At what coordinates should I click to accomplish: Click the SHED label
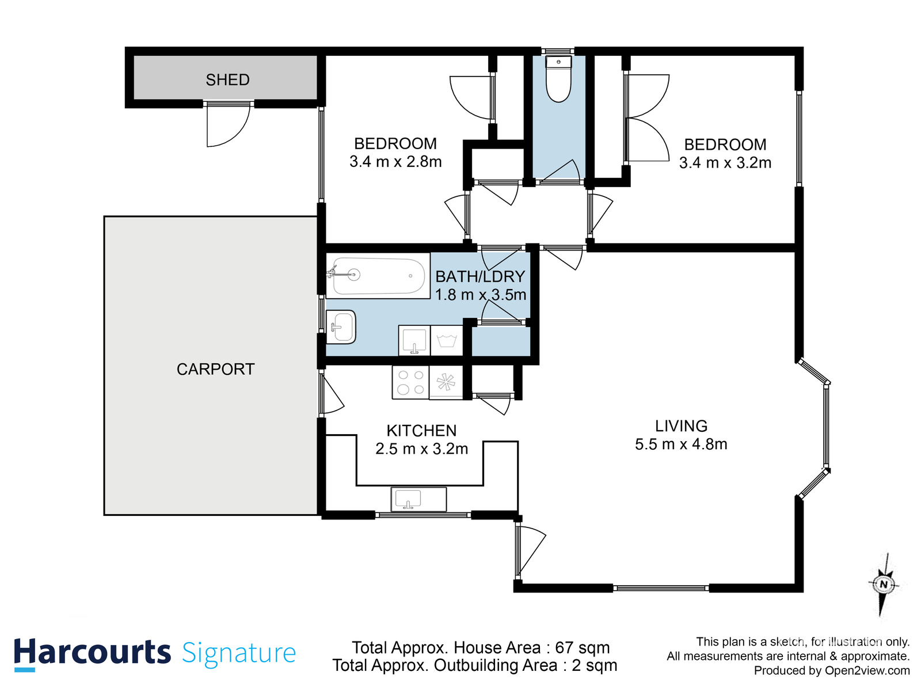[227, 79]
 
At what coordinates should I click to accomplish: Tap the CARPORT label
[215, 369]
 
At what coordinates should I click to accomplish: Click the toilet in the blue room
[558, 81]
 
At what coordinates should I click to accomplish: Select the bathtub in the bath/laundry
[378, 276]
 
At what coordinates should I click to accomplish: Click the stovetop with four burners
[410, 382]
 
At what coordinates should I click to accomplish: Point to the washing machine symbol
[446, 340]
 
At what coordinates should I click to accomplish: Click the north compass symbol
[884, 584]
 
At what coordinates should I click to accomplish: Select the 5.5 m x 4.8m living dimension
[681, 444]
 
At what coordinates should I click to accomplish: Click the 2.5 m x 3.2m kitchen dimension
[421, 449]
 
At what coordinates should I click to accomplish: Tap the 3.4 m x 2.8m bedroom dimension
[395, 162]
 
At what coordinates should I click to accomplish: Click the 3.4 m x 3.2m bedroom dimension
[725, 162]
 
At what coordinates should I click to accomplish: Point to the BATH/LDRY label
[480, 276]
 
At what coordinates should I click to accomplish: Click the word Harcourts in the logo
[92, 652]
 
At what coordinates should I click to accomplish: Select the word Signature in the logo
[239, 653]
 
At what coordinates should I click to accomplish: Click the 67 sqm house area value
[582, 647]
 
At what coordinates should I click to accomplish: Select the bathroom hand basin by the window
[341, 326]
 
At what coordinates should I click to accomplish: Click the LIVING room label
[681, 426]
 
